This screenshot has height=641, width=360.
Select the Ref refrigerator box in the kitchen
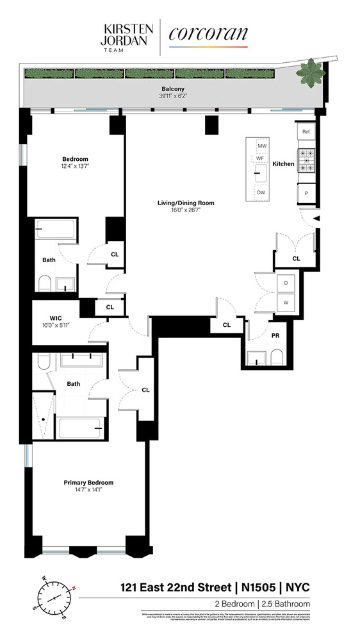tap(306, 131)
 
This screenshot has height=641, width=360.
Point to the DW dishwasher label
tap(261, 192)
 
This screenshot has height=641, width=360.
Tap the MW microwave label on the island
tap(261, 147)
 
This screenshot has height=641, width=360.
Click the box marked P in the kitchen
tap(306, 193)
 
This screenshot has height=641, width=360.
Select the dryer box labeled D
tap(285, 283)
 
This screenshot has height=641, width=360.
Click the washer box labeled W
tap(285, 302)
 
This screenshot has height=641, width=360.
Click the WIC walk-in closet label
tap(55, 317)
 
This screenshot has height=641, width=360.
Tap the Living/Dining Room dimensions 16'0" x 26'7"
tap(186, 210)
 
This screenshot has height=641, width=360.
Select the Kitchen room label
tap(283, 164)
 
